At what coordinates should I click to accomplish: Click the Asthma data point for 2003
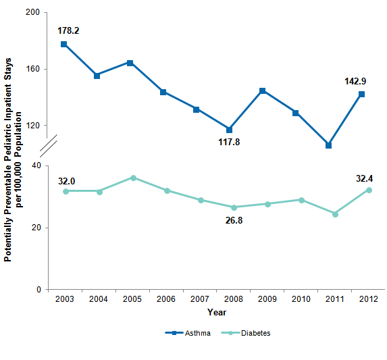click(x=64, y=45)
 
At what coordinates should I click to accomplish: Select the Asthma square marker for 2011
click(x=328, y=145)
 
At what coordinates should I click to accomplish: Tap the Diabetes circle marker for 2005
click(x=134, y=178)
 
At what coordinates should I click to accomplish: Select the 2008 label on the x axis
click(x=233, y=299)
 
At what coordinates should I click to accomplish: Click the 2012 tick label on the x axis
click(x=368, y=299)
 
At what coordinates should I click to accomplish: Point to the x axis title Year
click(x=217, y=312)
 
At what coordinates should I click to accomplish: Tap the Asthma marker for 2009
click(x=262, y=91)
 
